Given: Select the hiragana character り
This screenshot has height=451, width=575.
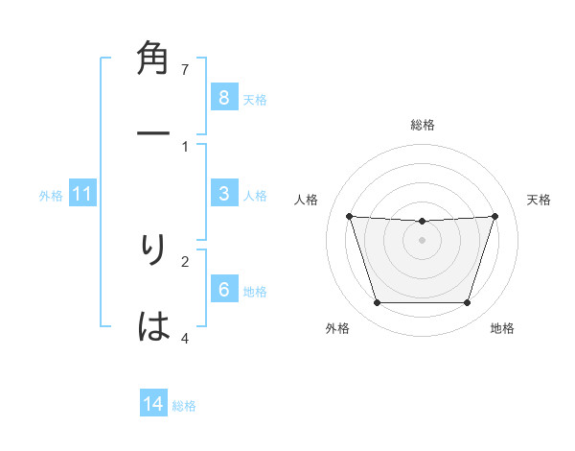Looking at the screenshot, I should tap(154, 250).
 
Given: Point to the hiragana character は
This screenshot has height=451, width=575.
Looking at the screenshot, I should tap(154, 327).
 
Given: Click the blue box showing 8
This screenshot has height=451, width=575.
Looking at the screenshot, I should tap(223, 97).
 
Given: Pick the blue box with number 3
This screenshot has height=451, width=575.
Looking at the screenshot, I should tap(223, 194).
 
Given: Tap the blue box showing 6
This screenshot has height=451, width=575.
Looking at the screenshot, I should tap(223, 290).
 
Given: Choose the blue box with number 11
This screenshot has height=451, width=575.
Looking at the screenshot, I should tap(82, 194).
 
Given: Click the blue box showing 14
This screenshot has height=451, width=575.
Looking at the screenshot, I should tap(153, 404).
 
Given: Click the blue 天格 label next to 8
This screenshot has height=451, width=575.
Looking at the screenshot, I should tap(255, 99).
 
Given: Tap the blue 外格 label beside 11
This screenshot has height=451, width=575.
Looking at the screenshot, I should tap(51, 196).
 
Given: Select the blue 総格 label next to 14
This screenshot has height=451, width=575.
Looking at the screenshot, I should tap(184, 406).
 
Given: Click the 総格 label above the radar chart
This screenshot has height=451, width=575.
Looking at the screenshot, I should tap(422, 126).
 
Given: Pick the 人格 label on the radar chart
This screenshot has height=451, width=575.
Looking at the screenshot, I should tap(307, 200).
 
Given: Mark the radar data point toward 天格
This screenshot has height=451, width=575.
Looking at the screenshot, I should tap(494, 216).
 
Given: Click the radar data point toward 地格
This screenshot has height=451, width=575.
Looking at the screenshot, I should tap(467, 303).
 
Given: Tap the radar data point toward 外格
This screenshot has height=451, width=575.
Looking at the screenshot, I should tap(377, 303).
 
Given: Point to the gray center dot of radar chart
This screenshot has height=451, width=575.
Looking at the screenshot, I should tap(422, 240).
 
